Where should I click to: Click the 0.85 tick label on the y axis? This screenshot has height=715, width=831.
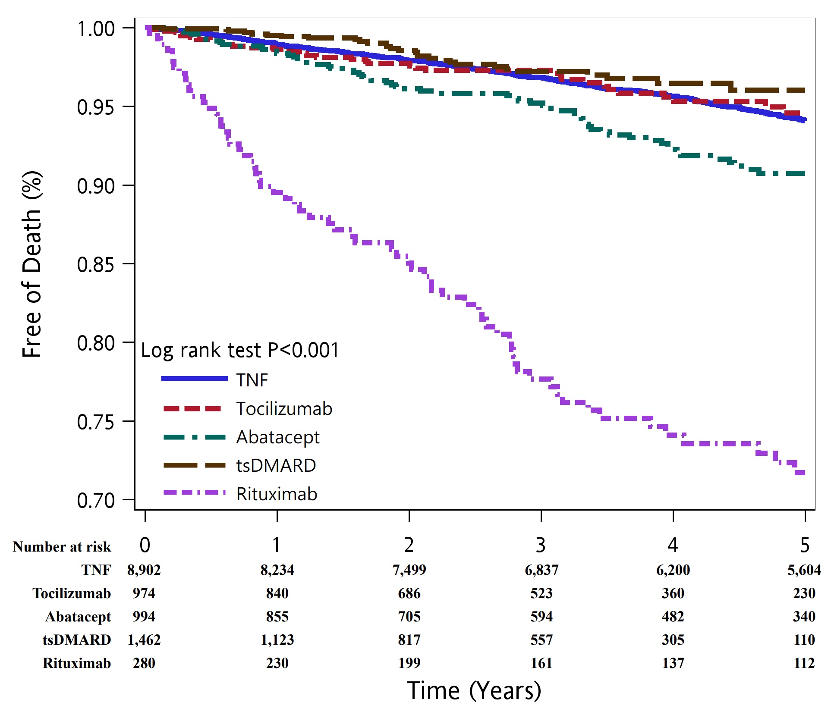tap(95, 264)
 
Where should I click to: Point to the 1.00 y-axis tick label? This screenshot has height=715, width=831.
tap(95, 29)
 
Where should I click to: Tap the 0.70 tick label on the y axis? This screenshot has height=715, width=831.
tap(95, 500)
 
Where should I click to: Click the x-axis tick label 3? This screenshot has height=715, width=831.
tap(541, 545)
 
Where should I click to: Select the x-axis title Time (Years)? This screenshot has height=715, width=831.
tap(474, 690)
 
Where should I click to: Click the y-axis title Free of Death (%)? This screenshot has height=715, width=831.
tap(32, 264)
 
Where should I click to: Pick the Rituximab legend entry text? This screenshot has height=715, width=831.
tap(277, 494)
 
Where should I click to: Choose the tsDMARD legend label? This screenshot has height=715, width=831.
tap(276, 465)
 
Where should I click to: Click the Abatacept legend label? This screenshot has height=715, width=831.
tap(278, 437)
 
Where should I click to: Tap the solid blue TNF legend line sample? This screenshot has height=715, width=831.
tap(194, 379)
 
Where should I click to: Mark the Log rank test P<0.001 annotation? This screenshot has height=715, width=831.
tap(240, 350)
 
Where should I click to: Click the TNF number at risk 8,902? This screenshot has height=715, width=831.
tap(144, 570)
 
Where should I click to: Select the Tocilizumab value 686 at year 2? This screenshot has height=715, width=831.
tap(409, 593)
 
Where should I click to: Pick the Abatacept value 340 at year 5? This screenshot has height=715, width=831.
tap(804, 617)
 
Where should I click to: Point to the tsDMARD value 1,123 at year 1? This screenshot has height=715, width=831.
tap(277, 640)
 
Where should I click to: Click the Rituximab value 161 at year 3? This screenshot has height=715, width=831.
tap(541, 663)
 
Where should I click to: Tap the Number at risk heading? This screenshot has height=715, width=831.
tap(62, 547)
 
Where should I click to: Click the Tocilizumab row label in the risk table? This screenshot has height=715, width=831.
tap(72, 593)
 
